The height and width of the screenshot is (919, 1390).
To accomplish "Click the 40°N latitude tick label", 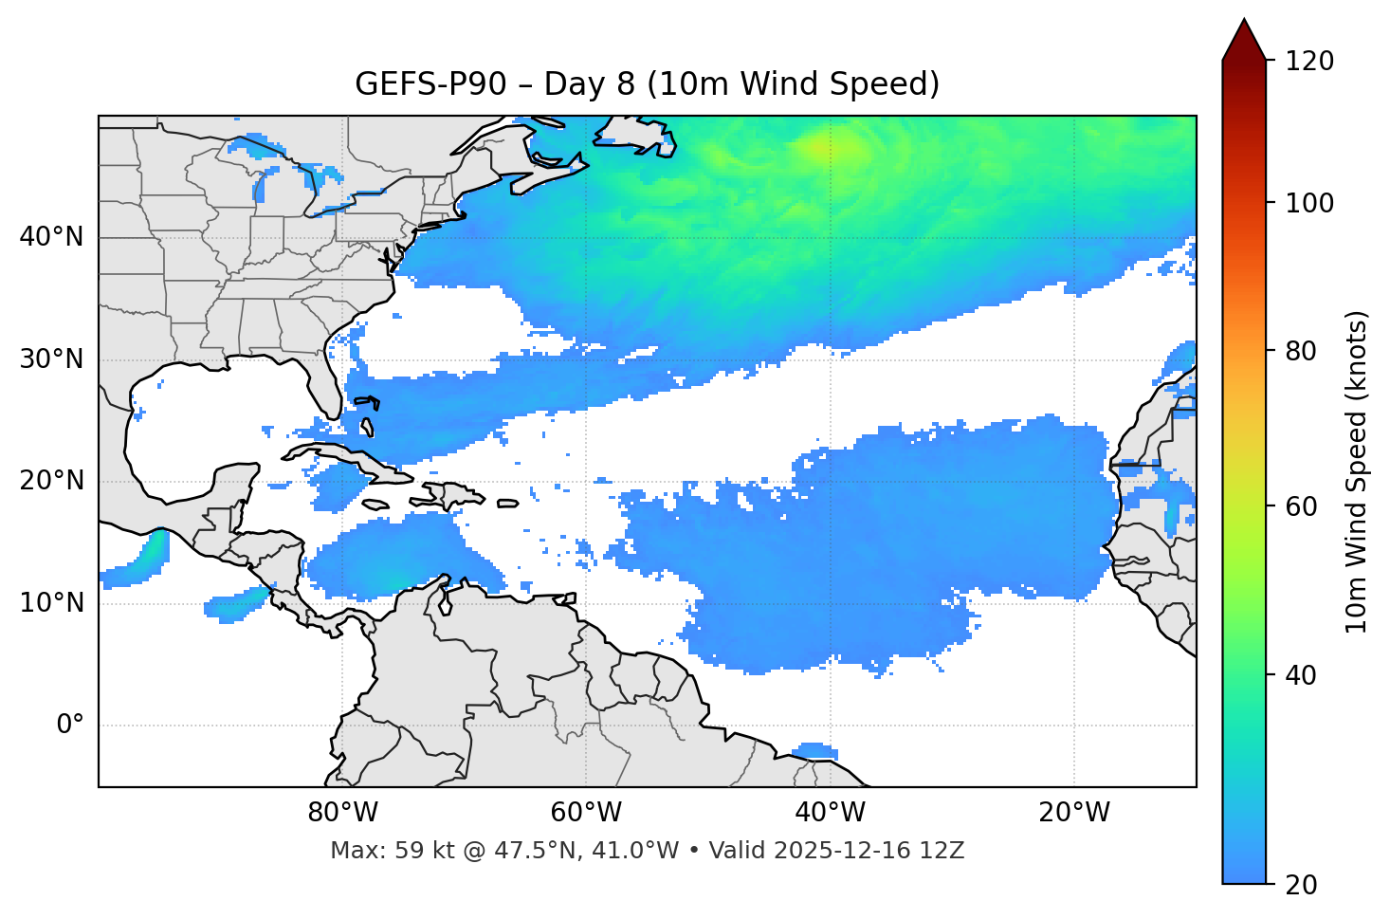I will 51,237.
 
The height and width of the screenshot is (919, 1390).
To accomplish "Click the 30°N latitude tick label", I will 51,359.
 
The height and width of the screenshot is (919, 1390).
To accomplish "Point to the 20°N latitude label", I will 51,481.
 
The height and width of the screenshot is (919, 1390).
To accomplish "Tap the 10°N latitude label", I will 51,603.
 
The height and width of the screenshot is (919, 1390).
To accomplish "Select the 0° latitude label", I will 70,726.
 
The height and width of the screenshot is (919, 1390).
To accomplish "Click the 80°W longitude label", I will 342,813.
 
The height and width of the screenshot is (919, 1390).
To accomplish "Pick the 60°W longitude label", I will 586,813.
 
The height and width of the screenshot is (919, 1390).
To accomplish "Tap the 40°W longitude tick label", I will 830,813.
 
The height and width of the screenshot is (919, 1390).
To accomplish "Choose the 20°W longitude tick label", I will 1073,813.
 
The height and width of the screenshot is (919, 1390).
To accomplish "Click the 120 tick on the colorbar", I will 1308,62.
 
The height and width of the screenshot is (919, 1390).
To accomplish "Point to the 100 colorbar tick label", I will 1308,203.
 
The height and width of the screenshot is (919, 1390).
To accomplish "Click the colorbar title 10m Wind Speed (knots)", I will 1357,472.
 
